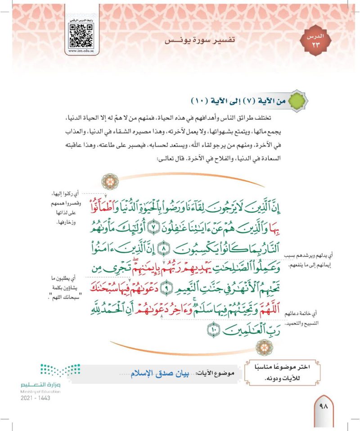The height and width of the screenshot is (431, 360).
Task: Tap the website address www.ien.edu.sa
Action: (81, 51)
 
